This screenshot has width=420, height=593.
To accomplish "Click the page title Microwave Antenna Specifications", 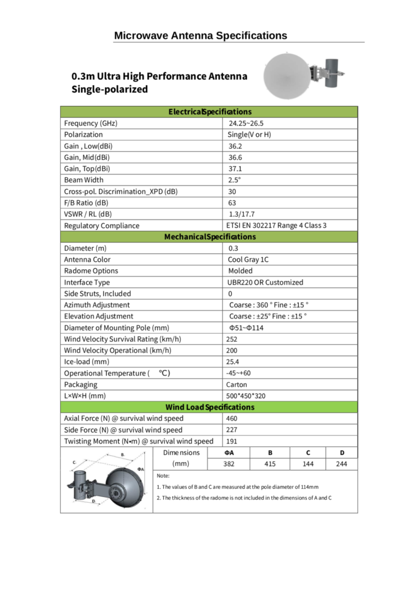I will click(x=200, y=35).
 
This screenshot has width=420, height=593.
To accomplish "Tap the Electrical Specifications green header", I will click(x=210, y=112).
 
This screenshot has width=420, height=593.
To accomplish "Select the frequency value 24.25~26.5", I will click(x=246, y=123).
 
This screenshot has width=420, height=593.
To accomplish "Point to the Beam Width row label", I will click(x=84, y=180).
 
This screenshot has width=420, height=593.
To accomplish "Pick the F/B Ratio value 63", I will click(x=232, y=203).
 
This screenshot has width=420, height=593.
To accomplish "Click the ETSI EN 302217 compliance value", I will click(x=276, y=225).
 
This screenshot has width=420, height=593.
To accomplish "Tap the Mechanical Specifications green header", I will click(x=210, y=237).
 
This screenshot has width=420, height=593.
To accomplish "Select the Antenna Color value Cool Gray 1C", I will click(x=248, y=259).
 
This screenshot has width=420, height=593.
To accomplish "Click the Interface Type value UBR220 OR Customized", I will click(x=265, y=282).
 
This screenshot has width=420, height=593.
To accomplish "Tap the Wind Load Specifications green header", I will click(x=210, y=407).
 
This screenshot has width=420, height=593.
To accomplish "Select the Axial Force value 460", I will click(x=232, y=418).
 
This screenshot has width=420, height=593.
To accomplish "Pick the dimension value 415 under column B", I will click(x=270, y=464).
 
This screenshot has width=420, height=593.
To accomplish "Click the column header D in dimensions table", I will click(x=342, y=452).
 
